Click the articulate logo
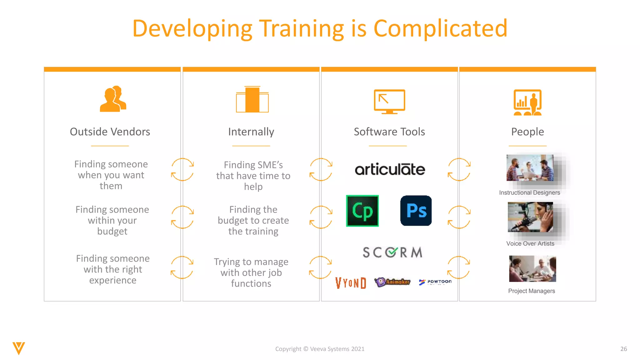(x=390, y=169)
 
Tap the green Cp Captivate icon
(x=362, y=211)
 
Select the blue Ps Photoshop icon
(x=416, y=211)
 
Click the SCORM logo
(x=392, y=252)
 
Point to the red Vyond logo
(x=351, y=283)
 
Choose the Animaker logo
(x=393, y=282)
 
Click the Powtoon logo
(x=435, y=282)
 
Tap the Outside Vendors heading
(x=110, y=132)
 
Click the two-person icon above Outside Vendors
(x=113, y=99)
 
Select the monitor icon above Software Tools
(x=389, y=102)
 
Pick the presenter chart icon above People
(x=527, y=102)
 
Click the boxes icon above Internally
(x=252, y=100)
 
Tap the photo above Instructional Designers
(x=530, y=168)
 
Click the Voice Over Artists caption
(x=530, y=244)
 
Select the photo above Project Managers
(x=532, y=269)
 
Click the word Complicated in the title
(x=440, y=29)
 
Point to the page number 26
(x=623, y=349)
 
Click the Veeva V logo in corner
(x=19, y=348)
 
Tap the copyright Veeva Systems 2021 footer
(x=320, y=349)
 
